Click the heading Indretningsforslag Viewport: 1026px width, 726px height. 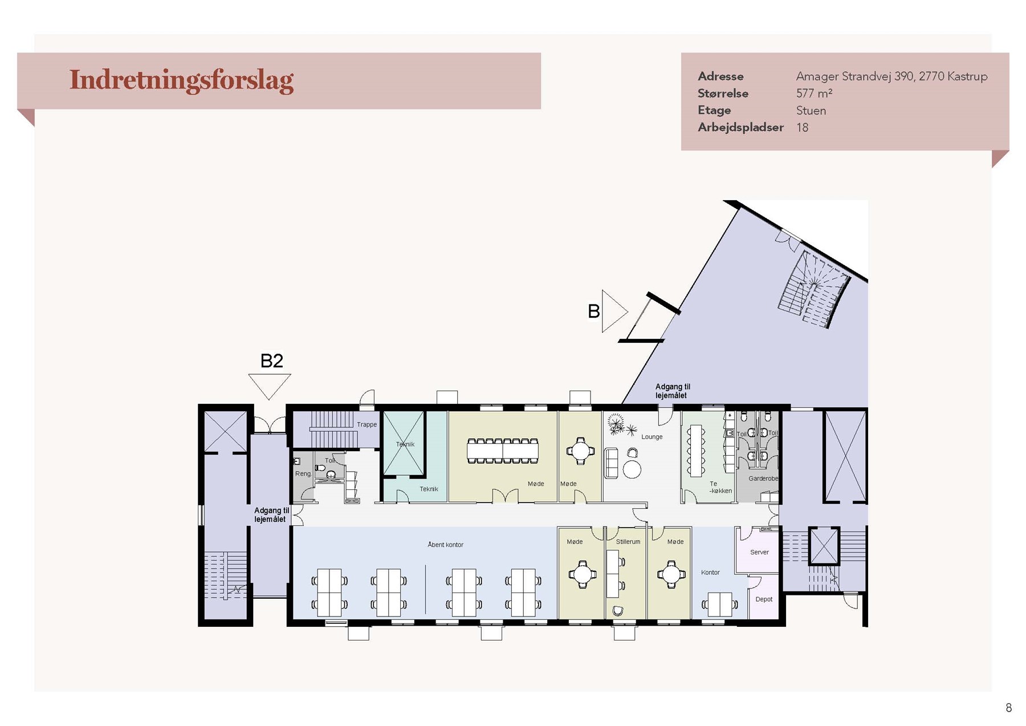181,80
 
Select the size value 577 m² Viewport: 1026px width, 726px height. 814,94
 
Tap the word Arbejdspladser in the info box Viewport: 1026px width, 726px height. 740,128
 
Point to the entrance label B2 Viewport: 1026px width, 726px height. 271,361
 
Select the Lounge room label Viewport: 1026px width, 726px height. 652,437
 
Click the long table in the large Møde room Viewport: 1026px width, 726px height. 503,451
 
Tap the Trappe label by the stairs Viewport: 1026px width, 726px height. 367,424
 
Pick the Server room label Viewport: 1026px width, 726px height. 759,552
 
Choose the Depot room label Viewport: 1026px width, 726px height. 764,599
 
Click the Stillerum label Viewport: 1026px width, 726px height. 628,542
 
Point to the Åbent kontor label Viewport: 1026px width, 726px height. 446,545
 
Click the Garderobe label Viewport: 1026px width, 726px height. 763,478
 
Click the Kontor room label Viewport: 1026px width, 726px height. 710,573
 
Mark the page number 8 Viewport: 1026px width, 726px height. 1009,708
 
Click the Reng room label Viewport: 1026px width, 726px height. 303,474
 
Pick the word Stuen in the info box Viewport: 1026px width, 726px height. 811,111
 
